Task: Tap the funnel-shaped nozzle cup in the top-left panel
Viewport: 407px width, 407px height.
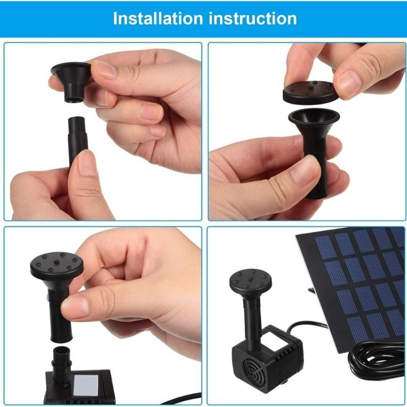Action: (x=70, y=76)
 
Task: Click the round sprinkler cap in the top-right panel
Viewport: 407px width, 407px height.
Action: (x=308, y=91)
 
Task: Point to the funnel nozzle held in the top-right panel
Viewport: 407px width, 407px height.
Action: (x=315, y=148)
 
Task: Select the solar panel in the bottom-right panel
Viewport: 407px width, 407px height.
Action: (x=356, y=285)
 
